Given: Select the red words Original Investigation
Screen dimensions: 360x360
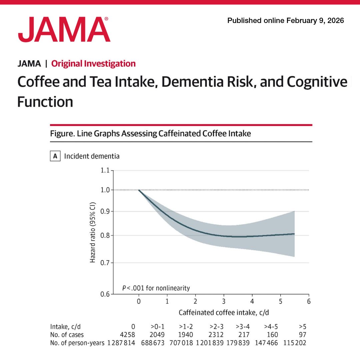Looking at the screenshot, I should [x=93, y=64].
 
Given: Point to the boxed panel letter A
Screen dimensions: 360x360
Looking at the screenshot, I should [x=55, y=156].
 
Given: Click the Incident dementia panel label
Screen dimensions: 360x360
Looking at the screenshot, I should [x=92, y=156].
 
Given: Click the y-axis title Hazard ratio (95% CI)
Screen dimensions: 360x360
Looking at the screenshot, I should [x=93, y=232].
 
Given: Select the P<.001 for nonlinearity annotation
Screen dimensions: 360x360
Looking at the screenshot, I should [x=156, y=288].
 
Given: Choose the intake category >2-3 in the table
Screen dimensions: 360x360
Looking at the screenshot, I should [x=216, y=326].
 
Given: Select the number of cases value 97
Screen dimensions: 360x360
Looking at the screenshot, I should [x=302, y=334].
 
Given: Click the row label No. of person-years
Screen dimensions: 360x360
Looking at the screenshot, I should [x=77, y=343].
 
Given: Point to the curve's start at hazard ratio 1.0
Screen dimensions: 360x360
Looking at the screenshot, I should [x=139, y=190].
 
